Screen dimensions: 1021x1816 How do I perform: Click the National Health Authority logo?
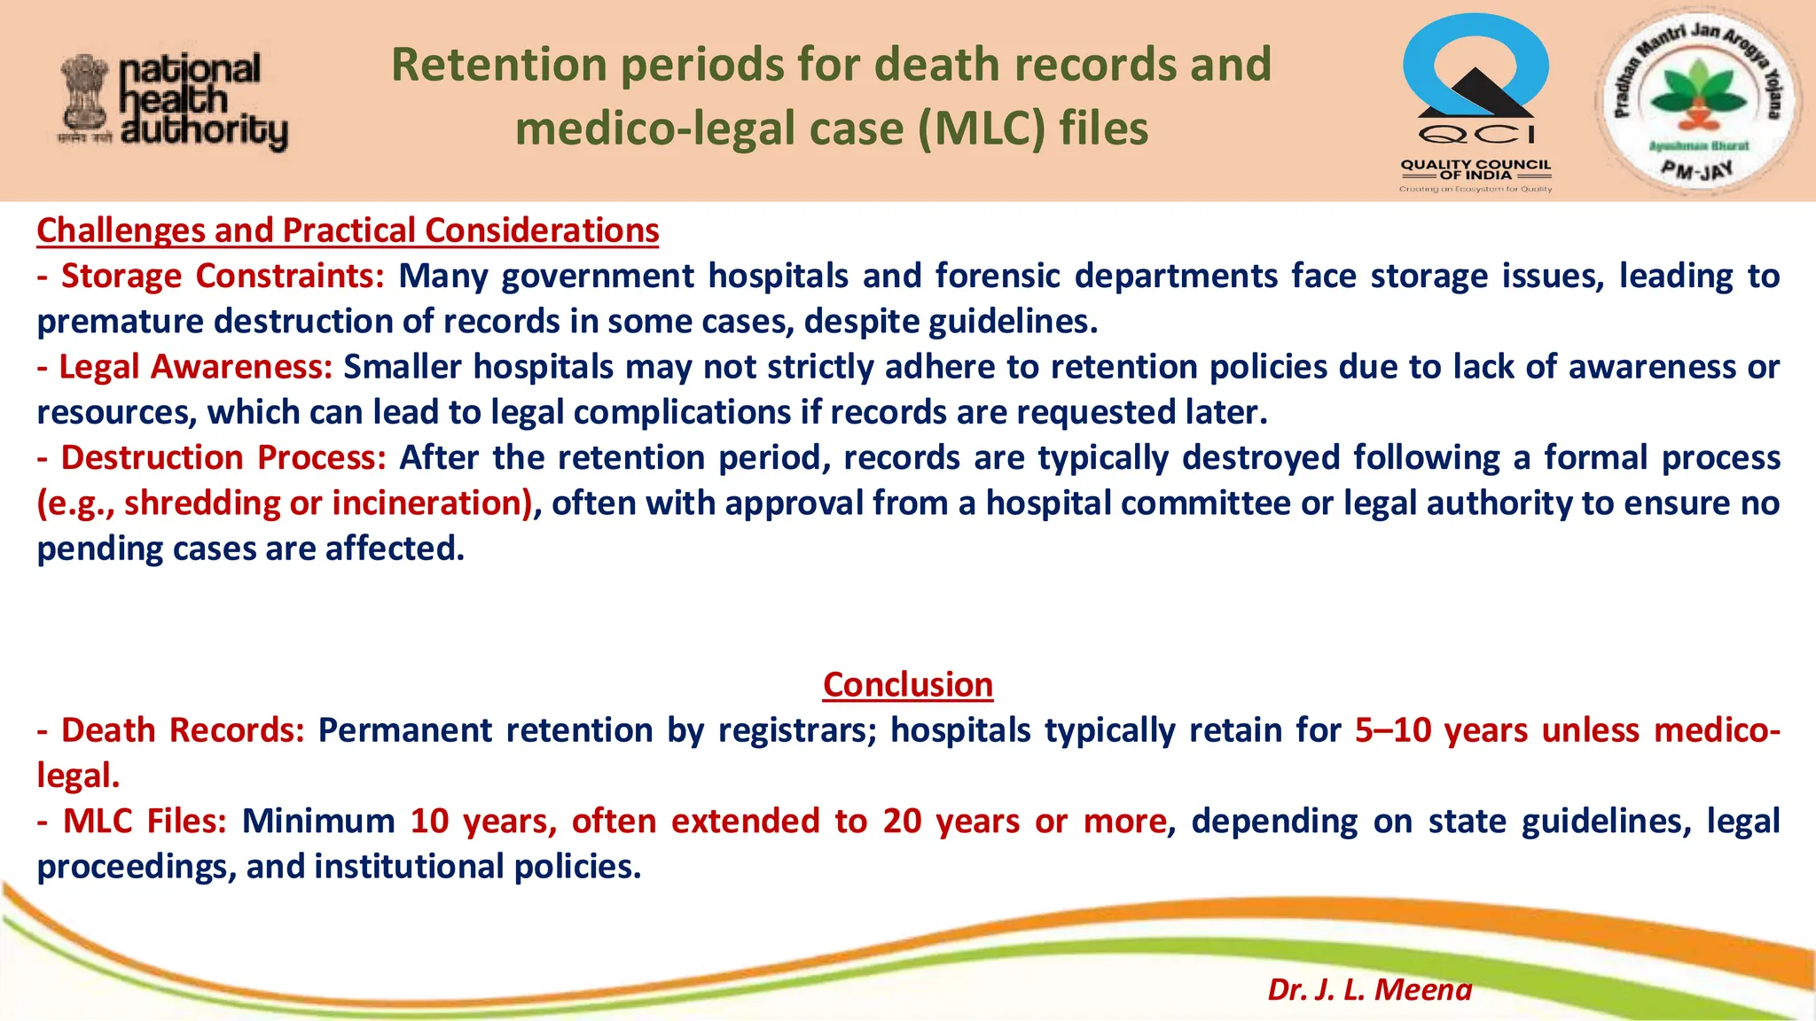point(174,101)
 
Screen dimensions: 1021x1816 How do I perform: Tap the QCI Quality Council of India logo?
point(1475,102)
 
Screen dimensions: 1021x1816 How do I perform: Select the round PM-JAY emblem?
point(1696,99)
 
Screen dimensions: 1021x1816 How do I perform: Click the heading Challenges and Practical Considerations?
point(348,230)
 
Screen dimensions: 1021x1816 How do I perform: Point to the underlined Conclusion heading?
point(907,685)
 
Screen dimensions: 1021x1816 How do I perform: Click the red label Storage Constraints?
point(222,276)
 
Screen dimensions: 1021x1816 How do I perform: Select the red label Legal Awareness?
point(195,367)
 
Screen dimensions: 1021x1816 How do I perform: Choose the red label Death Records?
point(183,730)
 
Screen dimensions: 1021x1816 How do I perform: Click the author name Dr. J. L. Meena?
point(1369,989)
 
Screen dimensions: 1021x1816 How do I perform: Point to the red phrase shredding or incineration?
point(326,503)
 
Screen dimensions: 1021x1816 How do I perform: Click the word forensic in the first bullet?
point(998,276)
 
